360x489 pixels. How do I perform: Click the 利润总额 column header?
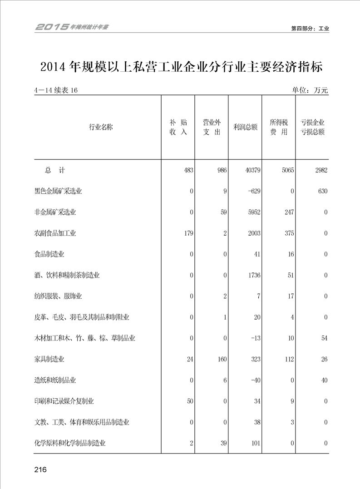245,127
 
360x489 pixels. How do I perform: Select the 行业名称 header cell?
101,127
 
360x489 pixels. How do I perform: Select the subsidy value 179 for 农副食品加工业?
188,233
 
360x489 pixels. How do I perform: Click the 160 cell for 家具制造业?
221,359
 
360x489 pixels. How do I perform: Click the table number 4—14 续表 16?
56,90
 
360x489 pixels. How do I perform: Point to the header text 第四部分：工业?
310,28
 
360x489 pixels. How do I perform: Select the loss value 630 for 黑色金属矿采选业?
322,191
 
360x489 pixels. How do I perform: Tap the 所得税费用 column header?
279,127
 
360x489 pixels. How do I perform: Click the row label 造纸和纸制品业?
55,380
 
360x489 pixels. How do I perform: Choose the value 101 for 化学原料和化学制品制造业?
255,443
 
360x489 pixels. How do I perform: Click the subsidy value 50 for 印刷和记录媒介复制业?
190,401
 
